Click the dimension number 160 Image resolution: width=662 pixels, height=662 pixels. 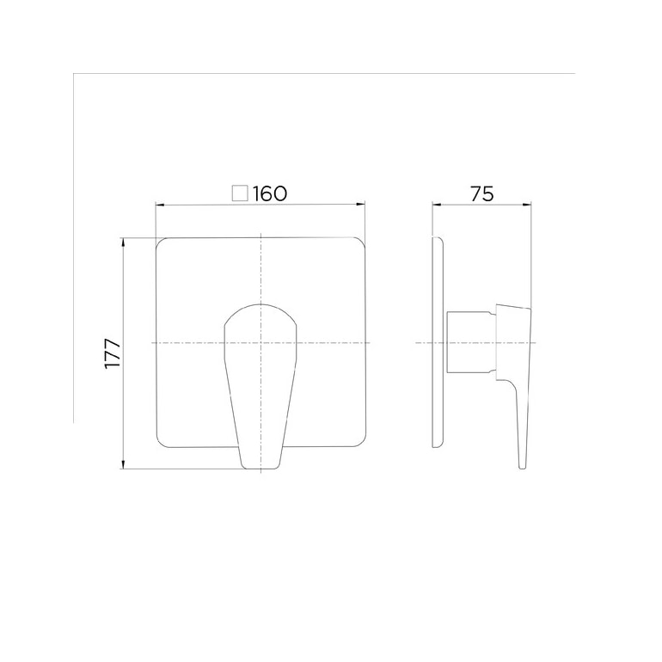pos(269,193)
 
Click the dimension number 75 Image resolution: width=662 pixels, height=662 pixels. pos(481,193)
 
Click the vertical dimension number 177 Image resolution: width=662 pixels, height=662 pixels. pos(112,354)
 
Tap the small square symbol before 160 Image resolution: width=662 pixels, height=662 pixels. pos(240,193)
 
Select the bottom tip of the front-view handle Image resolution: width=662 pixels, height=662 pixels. pos(261,467)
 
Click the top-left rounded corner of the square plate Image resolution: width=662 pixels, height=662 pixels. pos(161,242)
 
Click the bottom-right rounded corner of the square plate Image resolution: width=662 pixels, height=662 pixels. pos(361,443)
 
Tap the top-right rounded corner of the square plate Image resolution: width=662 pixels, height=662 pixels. pos(361,242)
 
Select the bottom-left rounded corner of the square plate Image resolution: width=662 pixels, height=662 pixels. pos(161,443)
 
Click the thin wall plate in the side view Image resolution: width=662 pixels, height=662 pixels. pos(438,344)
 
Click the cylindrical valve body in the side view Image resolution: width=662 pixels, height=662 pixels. pos(469,342)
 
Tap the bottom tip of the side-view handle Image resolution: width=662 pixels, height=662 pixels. pos(522,466)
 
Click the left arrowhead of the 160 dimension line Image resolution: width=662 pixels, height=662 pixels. pos(157,205)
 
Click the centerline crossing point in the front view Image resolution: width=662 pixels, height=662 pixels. pos(261,343)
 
